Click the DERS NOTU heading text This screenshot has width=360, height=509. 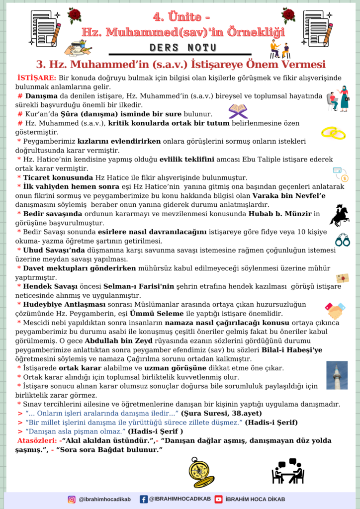pos(183,48)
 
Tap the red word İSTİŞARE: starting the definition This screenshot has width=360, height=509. pos(36,78)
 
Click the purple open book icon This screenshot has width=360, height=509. pos(238,112)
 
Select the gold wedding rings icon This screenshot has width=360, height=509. pos(333,132)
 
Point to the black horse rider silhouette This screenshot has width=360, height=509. pos(339,215)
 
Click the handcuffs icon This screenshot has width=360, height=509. pos(342,240)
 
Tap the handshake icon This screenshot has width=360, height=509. pos(335,311)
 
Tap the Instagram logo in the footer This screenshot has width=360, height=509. pos(72,499)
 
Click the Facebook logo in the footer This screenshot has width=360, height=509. pos(144,499)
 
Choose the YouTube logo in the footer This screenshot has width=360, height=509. pos(218,499)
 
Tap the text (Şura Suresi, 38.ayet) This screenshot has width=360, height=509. pos(221,413)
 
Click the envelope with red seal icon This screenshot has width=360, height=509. pos(342,278)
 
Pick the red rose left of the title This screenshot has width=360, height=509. pos(75,15)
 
